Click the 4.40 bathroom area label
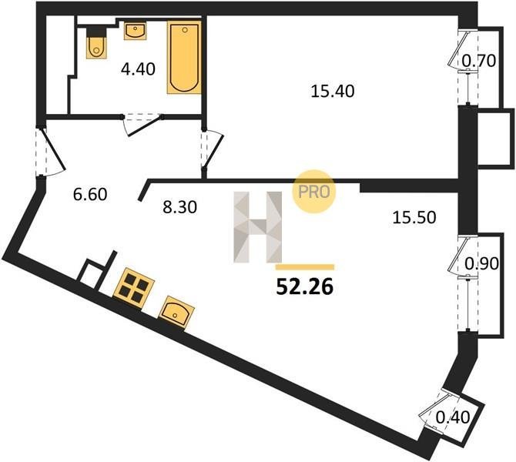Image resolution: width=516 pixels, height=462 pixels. click(138, 69)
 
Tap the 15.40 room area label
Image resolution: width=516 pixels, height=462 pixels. click(333, 91)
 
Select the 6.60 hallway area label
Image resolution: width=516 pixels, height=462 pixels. click(90, 194)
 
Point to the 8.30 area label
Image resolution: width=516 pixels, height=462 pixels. click(180, 207)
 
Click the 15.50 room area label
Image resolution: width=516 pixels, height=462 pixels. click(414, 218)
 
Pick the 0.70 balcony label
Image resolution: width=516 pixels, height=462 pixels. click(479, 61)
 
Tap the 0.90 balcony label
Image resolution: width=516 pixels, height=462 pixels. click(481, 263)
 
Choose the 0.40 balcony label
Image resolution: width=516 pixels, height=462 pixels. click(453, 417)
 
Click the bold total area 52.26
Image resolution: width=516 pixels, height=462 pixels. click(305, 287)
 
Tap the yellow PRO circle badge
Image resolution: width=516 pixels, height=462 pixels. click(313, 191)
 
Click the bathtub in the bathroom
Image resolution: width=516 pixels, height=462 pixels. click(184, 57)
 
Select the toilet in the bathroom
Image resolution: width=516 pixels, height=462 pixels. click(96, 43)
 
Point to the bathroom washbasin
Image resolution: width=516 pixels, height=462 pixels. click(136, 31)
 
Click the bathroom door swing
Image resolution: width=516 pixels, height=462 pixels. click(142, 125)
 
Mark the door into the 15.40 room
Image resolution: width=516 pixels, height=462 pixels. click(213, 149)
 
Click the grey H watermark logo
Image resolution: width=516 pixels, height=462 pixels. click(258, 227)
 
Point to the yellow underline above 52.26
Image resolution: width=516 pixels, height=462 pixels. click(305, 267)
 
